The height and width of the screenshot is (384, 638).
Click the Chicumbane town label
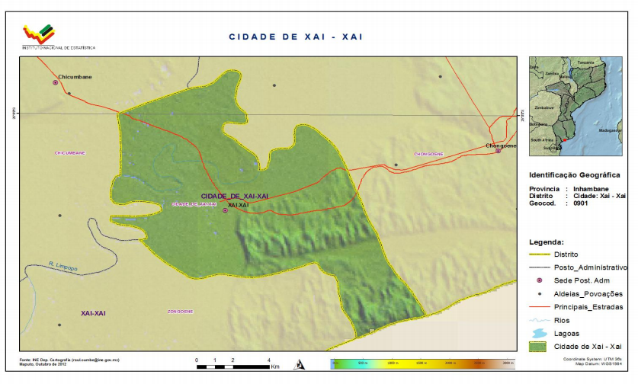coord(74,76)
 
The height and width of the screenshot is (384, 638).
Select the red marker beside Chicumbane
coord(55,82)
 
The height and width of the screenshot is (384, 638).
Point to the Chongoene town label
coord(502,146)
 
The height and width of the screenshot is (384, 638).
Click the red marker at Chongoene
coord(498,151)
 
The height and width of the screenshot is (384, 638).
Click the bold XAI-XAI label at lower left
coord(97,313)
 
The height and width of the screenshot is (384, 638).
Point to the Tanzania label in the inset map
coord(585,62)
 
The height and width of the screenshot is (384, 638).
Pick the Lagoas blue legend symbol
coord(540,334)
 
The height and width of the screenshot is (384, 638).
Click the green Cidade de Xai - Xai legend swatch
coord(540,347)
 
